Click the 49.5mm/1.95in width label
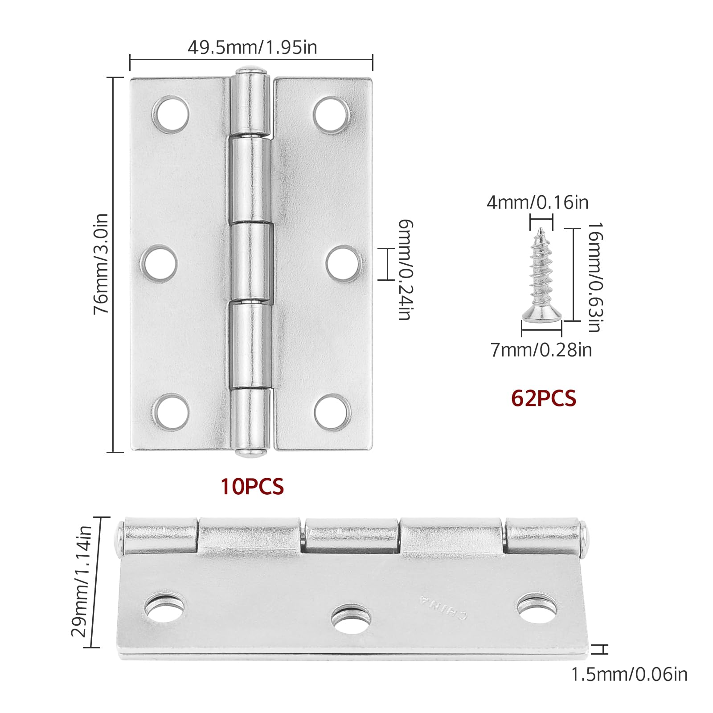[x=252, y=47]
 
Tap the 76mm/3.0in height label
[x=101, y=264]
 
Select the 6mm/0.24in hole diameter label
[x=405, y=270]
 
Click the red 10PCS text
[x=252, y=486]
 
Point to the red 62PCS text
[x=544, y=398]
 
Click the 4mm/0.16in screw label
[x=537, y=203]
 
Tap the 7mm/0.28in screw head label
[x=541, y=350]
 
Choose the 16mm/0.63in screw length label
[x=595, y=277]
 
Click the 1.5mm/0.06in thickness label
[x=630, y=675]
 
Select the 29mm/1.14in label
[x=82, y=582]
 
